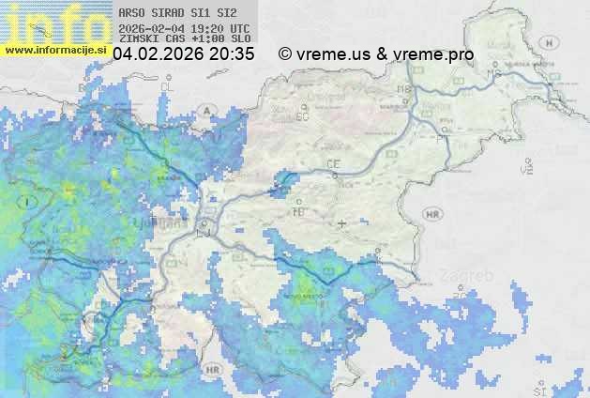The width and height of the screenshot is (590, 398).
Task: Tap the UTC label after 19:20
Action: click(x=239, y=28)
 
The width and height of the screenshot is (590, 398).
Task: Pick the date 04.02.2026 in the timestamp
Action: click(x=158, y=54)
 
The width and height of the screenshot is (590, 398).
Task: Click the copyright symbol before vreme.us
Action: click(x=285, y=54)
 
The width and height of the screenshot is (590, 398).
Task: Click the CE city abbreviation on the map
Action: click(x=332, y=164)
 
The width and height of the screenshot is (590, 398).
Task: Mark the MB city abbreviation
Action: click(x=404, y=89)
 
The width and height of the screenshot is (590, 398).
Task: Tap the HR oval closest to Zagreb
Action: click(x=432, y=215)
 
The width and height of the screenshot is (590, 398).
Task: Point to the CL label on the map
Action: click(x=168, y=86)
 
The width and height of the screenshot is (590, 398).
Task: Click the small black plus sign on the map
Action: click(x=341, y=224)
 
